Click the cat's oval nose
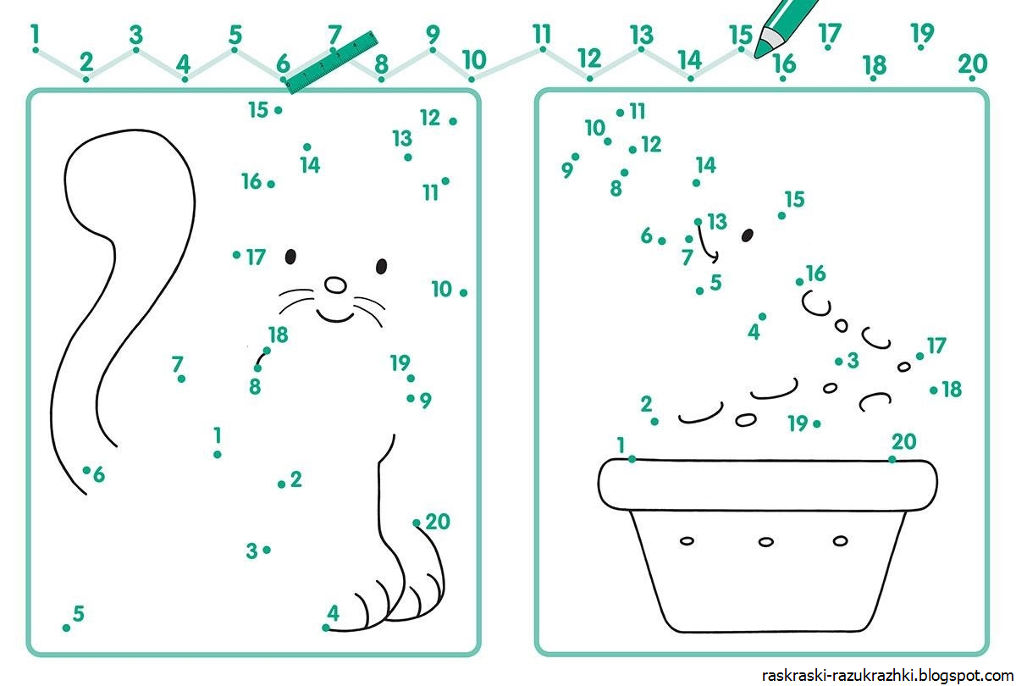pyautogui.click(x=335, y=285)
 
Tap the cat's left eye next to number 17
pyautogui.click(x=290, y=257)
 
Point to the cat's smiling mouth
pyautogui.click(x=335, y=316)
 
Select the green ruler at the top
pyautogui.click(x=332, y=63)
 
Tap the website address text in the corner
pyautogui.click(x=887, y=676)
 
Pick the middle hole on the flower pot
pyautogui.click(x=766, y=542)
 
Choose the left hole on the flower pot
pyautogui.click(x=687, y=541)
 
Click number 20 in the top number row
pyautogui.click(x=973, y=64)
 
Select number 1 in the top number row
pyautogui.click(x=35, y=34)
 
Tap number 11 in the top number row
pyautogui.click(x=542, y=34)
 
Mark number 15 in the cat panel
pyautogui.click(x=258, y=110)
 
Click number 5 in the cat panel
pyautogui.click(x=79, y=613)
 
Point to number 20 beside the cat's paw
pyautogui.click(x=437, y=522)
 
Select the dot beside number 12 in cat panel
pyautogui.click(x=453, y=121)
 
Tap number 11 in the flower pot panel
pyautogui.click(x=638, y=111)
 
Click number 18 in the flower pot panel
pyautogui.click(x=952, y=390)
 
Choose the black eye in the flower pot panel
pyautogui.click(x=748, y=235)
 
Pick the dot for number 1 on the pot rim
pyautogui.click(x=632, y=460)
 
